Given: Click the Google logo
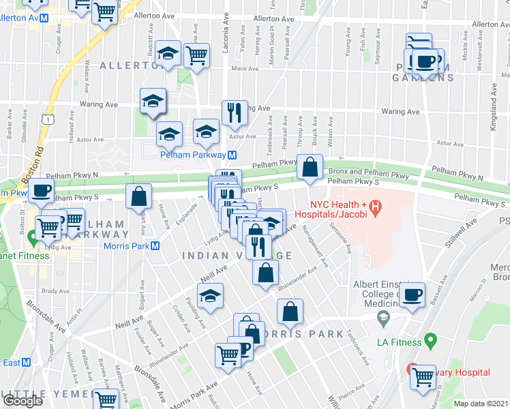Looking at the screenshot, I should pos(22,400).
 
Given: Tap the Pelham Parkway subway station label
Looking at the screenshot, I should pos(193,155).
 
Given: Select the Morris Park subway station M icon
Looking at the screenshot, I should pos(155,246).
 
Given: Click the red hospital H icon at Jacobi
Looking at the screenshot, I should pos(374,205).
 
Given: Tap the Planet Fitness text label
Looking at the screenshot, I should pos(20,256).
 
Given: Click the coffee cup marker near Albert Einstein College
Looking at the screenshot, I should pos(412,295).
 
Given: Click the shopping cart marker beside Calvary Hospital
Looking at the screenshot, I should pos(423,376).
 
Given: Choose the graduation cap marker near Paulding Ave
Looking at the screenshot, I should pos(210,297).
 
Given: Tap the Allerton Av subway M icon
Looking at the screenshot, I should pos(44,18).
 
